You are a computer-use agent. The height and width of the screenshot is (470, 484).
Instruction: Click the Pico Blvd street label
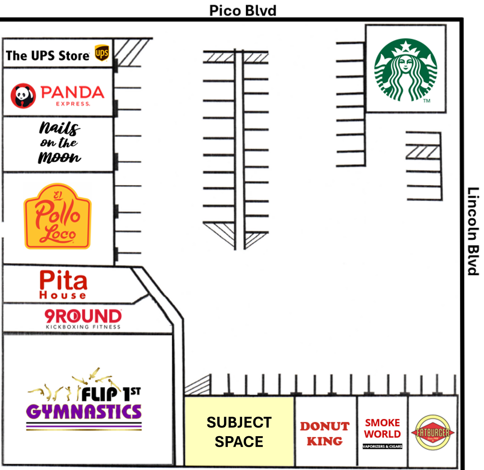[x=243, y=11]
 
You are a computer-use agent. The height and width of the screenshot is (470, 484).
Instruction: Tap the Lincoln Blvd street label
[x=473, y=231]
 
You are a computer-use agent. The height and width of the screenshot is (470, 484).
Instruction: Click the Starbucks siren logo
[x=406, y=70]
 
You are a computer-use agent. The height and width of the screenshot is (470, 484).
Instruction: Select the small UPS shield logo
[x=102, y=53]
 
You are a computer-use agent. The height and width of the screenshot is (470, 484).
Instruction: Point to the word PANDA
[x=72, y=92]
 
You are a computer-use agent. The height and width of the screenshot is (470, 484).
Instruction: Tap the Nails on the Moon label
[x=60, y=143]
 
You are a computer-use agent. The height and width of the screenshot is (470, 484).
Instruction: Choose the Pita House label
[x=63, y=285]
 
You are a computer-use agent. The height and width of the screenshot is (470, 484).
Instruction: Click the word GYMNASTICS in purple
[x=84, y=411]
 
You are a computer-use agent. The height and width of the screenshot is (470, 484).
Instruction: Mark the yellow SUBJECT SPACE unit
[x=239, y=432]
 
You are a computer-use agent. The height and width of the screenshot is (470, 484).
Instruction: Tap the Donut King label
[x=325, y=433]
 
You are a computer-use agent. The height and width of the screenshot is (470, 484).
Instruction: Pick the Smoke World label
[x=382, y=428]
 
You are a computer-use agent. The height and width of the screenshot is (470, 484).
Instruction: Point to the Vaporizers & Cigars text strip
[x=382, y=446]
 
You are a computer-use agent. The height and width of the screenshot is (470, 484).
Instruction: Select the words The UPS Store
[x=48, y=56]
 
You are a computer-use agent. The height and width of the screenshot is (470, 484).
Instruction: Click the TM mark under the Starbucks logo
[x=427, y=101]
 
